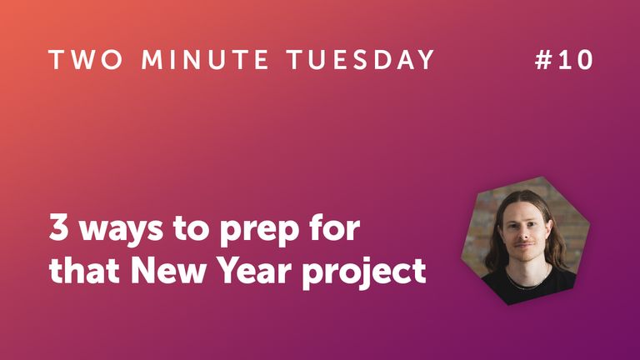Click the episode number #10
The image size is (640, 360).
click(563, 60)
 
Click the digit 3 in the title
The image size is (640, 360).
click(58, 228)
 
